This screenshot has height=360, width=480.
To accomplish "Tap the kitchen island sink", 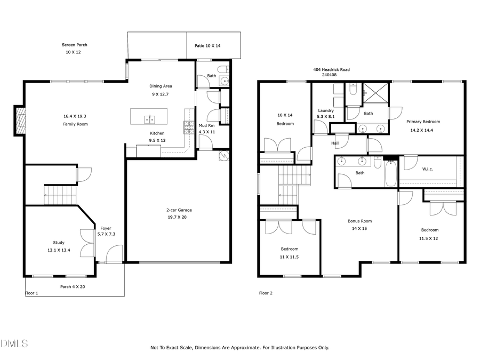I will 150,118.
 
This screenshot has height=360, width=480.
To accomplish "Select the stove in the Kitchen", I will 189,127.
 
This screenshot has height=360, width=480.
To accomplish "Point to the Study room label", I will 59,243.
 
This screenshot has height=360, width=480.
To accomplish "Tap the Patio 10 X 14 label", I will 207,46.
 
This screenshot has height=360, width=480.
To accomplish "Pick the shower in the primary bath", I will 376,93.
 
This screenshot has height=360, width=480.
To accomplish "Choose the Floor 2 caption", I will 266,293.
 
